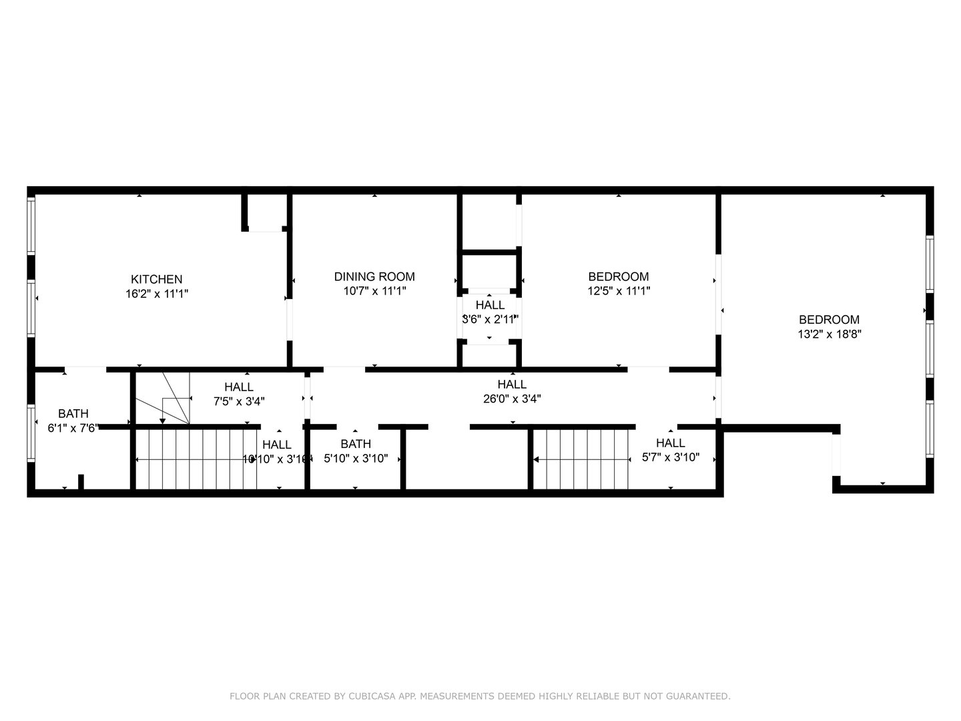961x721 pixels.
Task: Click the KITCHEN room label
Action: (x=156, y=279)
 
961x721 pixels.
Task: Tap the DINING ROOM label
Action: (x=374, y=276)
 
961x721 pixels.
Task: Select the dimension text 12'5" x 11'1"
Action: (x=618, y=291)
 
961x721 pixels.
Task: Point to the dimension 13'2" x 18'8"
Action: (x=830, y=334)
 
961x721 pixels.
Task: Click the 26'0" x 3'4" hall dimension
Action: (x=512, y=399)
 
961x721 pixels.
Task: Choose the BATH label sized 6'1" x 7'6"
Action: (x=73, y=413)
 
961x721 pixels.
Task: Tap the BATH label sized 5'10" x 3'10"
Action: (x=356, y=444)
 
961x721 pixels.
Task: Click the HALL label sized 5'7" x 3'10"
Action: (x=670, y=443)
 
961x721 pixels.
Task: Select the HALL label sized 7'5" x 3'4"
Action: (x=238, y=387)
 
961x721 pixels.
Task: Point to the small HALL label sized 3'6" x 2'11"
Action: (x=490, y=305)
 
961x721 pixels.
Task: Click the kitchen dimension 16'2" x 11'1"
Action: (x=157, y=294)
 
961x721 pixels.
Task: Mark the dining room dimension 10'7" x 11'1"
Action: (x=374, y=291)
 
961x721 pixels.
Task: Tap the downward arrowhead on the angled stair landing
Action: (x=162, y=421)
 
